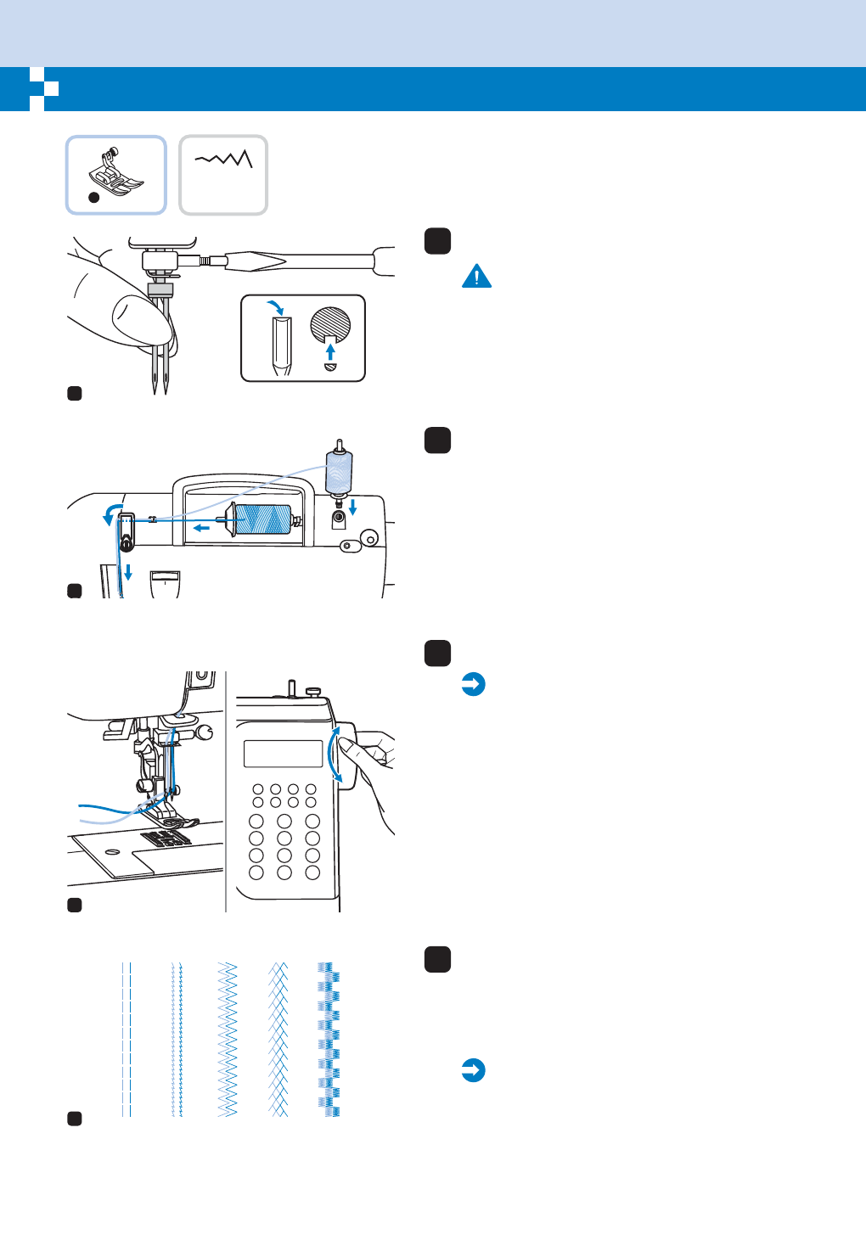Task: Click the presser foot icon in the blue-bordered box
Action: point(115,174)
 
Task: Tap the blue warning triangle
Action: point(477,277)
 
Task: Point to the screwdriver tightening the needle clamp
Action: point(306,261)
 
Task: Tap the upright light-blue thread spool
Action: point(339,471)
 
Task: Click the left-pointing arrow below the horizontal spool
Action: point(201,528)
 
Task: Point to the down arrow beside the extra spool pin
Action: point(353,508)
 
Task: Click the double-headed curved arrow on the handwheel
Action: point(337,754)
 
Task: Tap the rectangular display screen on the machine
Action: point(283,754)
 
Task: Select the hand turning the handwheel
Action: point(369,764)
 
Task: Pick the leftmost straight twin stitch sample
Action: point(127,1039)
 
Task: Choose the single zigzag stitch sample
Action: point(227,1039)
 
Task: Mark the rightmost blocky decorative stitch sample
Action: point(329,1039)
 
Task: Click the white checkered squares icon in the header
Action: point(43,88)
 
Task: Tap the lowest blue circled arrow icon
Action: point(473,1070)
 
